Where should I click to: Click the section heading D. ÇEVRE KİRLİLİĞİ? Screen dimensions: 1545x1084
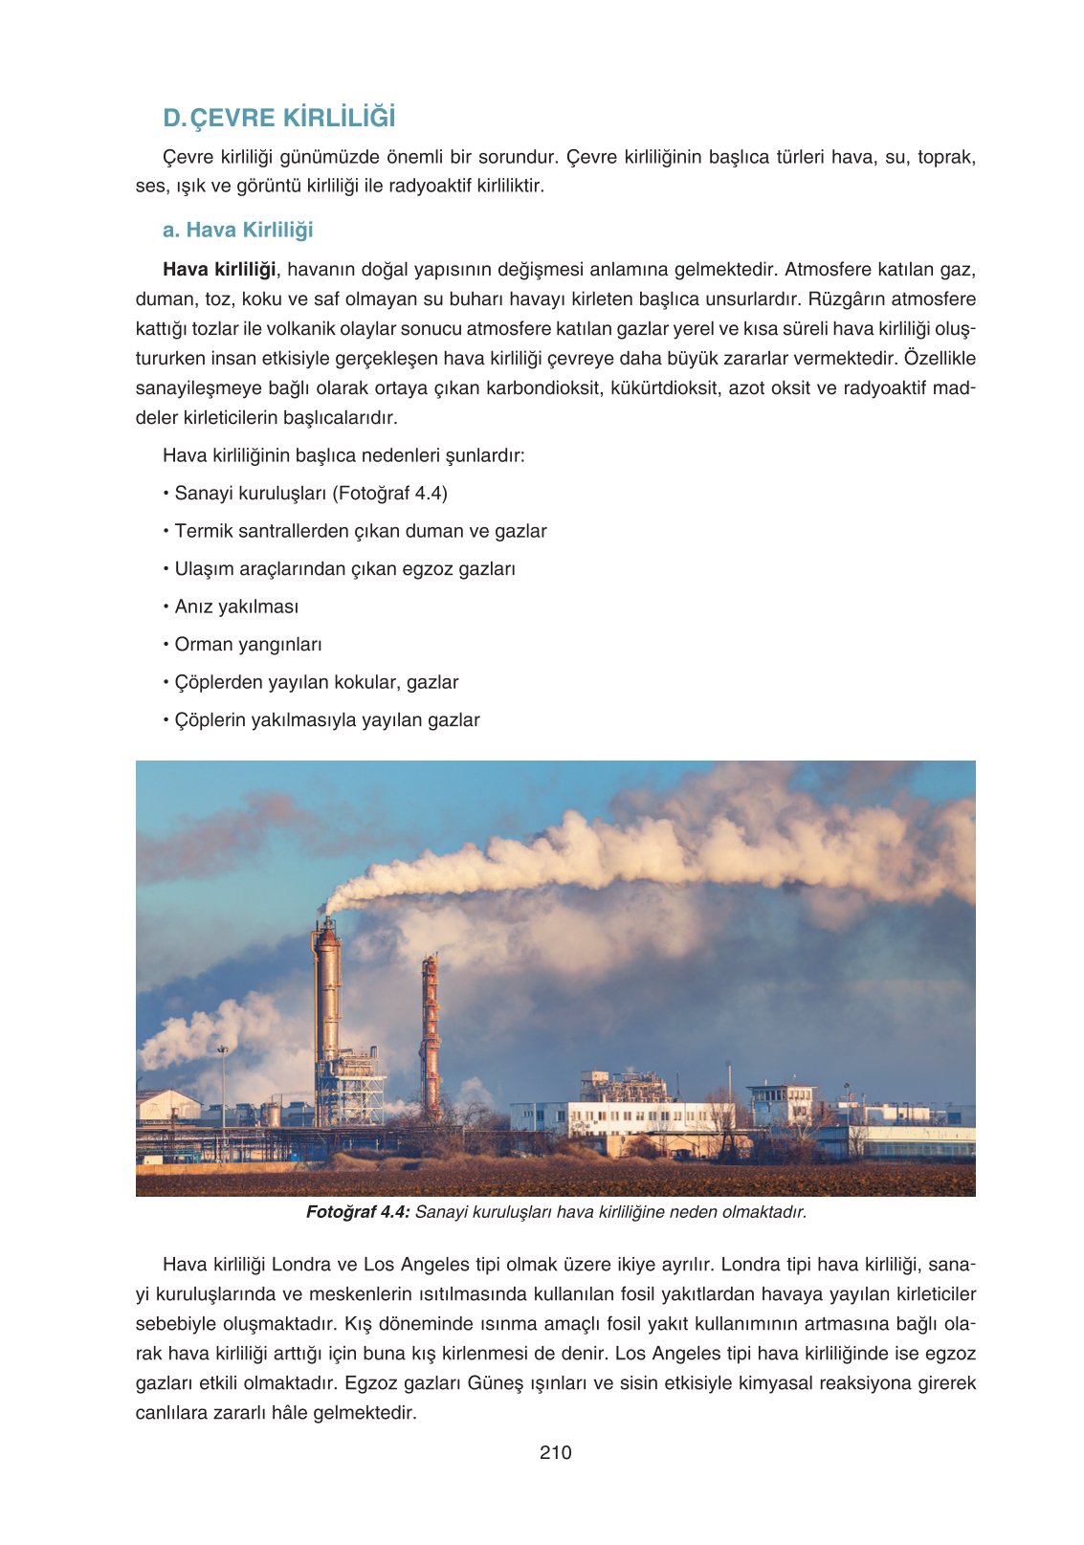278,118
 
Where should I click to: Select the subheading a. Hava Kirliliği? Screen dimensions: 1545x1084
237,230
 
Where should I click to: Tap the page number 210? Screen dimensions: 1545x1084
555,1452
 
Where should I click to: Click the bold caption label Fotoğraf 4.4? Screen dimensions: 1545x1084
358,1212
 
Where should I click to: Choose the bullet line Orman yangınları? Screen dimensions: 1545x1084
248,644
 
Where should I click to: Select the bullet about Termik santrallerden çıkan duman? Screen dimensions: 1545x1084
360,531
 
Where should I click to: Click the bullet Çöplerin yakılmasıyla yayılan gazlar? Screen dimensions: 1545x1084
326,719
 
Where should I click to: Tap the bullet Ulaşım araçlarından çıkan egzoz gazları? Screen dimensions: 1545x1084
344,568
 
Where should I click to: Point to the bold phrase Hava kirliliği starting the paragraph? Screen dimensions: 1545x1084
219,270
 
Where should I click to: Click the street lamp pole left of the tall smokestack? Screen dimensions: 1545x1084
223,1091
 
